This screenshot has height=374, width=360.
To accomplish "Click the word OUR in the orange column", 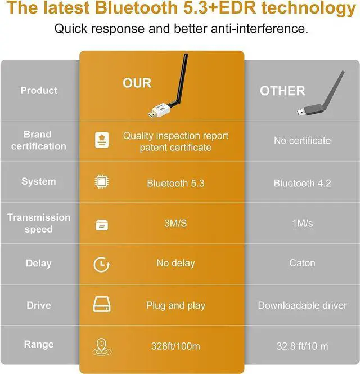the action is coord(137,83).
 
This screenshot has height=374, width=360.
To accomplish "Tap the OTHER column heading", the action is coord(282,91).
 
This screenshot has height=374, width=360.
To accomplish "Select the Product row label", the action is coord(39,91).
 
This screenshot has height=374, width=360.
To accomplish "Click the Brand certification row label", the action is coord(38,140).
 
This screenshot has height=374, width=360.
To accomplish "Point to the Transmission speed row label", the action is coord(39,223).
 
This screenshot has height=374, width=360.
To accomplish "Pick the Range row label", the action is coord(39,345).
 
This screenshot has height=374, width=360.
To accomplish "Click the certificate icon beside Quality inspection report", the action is coord(102,140).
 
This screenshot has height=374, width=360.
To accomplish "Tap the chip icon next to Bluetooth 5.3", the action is coord(102,182).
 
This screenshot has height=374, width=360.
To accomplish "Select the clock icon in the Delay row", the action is coord(101,265).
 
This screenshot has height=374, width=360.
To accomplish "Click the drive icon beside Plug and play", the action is coord(102,304).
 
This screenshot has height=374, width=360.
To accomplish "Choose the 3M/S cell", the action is coord(175,224).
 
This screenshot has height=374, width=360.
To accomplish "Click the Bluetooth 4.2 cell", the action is coord(302,184).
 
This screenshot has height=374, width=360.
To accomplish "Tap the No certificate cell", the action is coord(302,140).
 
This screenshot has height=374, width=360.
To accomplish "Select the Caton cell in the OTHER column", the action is coord(302,263).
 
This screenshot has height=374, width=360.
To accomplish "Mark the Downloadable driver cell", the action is coord(302,305).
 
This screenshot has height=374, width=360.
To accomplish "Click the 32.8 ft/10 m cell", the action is coord(302,346).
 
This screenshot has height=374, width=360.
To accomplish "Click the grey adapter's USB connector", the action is coord(301,112).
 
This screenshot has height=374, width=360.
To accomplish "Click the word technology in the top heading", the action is coord(309,8).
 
